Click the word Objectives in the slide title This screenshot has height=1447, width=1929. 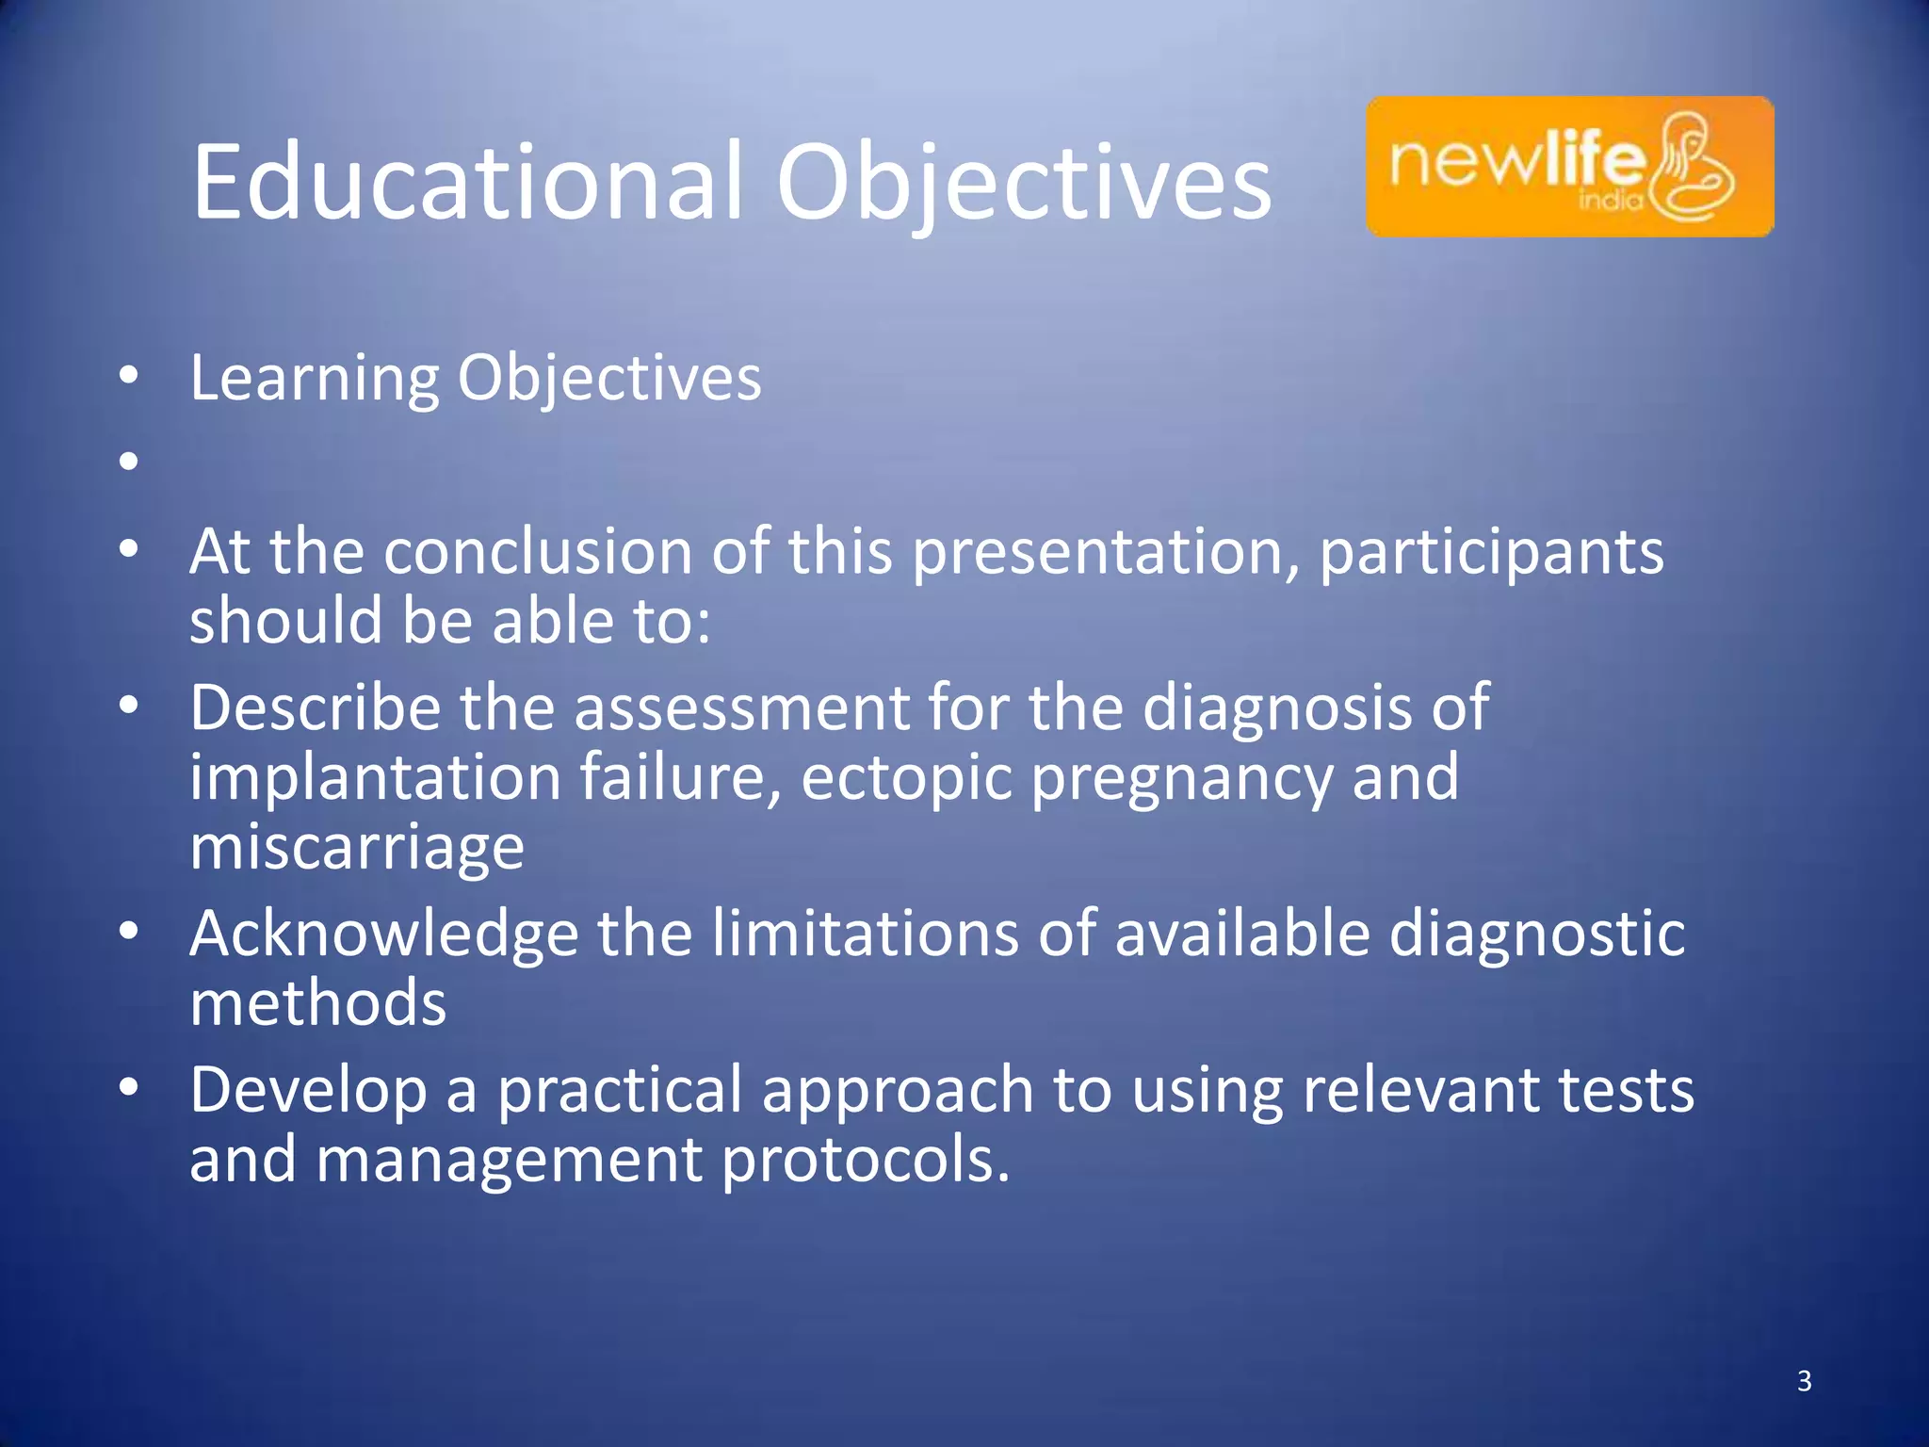coord(1023,183)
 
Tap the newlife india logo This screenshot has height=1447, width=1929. coord(1569,167)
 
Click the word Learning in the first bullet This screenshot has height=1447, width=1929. coord(315,379)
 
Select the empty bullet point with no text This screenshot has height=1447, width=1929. coord(129,462)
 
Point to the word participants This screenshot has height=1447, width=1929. coord(1491,553)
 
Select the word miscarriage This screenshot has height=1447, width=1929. coord(357,846)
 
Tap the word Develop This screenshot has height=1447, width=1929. coord(308,1091)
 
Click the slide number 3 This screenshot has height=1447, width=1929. coord(1804,1381)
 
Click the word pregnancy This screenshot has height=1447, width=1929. coord(1181,779)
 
